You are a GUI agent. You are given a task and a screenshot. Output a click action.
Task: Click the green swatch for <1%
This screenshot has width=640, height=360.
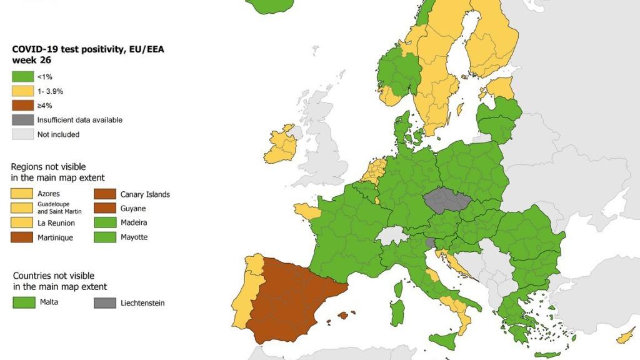[22, 77]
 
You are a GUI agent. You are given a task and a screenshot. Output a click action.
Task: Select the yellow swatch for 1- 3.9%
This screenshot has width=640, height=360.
[22, 91]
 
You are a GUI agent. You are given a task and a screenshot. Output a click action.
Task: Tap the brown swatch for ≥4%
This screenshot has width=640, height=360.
[22, 106]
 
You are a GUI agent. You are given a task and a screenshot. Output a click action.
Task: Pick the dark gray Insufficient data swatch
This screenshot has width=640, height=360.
[22, 120]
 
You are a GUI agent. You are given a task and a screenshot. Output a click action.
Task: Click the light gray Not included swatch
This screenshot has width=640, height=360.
[22, 134]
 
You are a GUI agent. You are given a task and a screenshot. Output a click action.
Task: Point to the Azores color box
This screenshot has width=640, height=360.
[22, 194]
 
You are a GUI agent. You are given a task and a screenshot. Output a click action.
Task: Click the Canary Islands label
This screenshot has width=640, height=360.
[145, 194]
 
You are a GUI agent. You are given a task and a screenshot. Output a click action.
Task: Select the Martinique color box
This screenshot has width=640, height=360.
[22, 237]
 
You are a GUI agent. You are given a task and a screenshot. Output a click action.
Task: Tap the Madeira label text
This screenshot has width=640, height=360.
[134, 223]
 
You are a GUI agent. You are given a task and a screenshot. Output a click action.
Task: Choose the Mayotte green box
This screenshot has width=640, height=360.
[105, 237]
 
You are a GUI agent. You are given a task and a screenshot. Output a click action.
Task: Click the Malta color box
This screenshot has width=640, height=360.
[22, 302]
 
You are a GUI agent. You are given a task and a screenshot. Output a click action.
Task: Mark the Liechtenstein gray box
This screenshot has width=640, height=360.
[105, 302]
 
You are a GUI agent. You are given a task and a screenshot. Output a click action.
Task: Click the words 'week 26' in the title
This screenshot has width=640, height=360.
[31, 61]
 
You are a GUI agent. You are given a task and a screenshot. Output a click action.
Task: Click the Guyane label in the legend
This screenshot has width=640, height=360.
[133, 209]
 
